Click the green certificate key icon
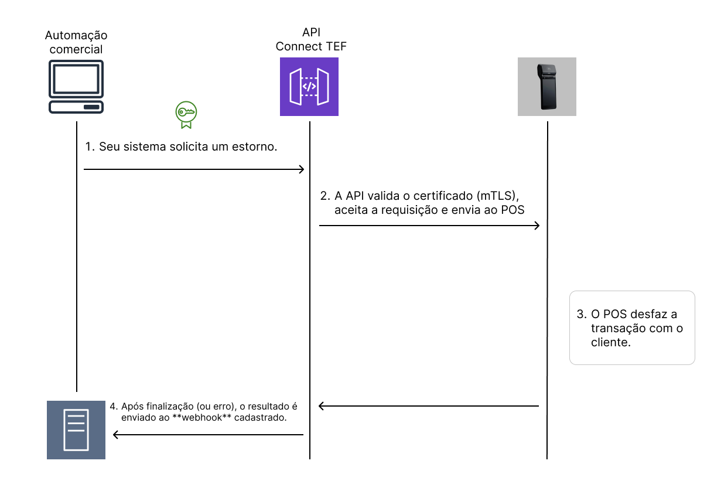(x=186, y=114)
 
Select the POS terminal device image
(x=546, y=87)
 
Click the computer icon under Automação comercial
(x=76, y=87)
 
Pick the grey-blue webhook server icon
(x=76, y=429)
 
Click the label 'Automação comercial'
(x=76, y=42)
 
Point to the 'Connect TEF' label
(x=311, y=47)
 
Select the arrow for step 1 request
(x=193, y=170)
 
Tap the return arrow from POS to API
(x=429, y=405)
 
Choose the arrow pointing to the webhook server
(x=208, y=435)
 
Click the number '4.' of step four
(x=114, y=406)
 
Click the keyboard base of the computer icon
(x=76, y=107)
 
